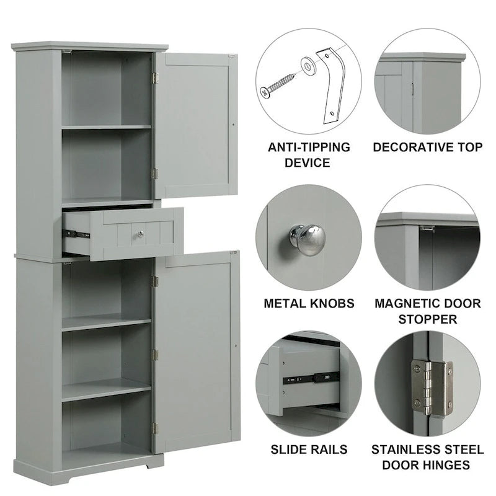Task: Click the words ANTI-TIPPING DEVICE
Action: pyautogui.click(x=308, y=155)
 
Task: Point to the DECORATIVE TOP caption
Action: pyautogui.click(x=427, y=147)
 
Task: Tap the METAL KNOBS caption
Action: pyautogui.click(x=309, y=304)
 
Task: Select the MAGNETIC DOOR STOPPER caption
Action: pyautogui.click(x=427, y=311)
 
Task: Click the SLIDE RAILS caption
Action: pyautogui.click(x=309, y=449)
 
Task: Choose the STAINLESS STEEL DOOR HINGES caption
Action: pyautogui.click(x=427, y=456)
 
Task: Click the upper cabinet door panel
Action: pyautogui.click(x=196, y=125)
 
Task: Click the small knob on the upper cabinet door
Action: pyautogui.click(x=232, y=124)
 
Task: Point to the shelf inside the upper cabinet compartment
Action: pyautogui.click(x=107, y=127)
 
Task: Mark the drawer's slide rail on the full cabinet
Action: pyautogui.click(x=77, y=234)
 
